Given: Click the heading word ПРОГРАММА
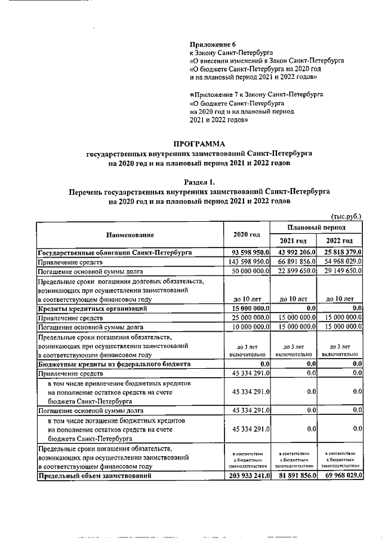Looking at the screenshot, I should point(199,143).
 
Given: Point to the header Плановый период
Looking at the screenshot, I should point(316,228).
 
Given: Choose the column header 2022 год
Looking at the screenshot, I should point(341,240).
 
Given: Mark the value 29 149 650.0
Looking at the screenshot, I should point(341,271).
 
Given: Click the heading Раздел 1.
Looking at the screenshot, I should point(199,181).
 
